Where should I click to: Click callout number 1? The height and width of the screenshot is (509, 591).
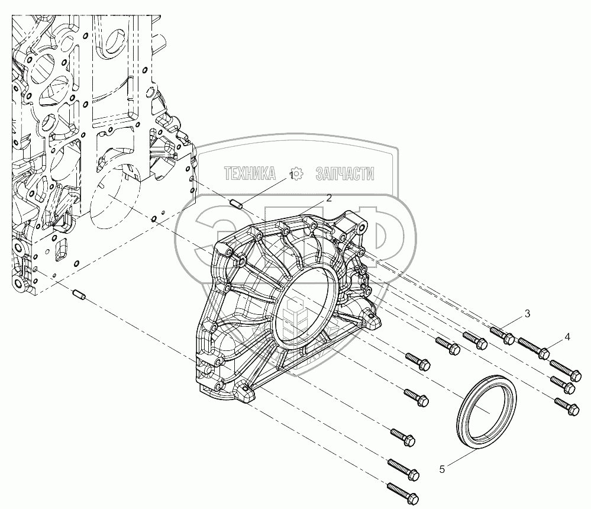(291, 175)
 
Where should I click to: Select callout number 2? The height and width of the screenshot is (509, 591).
(329, 198)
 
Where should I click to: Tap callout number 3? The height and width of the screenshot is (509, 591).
(527, 314)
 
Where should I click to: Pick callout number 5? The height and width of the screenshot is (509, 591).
(442, 469)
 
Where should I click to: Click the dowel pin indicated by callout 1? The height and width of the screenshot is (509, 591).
(236, 205)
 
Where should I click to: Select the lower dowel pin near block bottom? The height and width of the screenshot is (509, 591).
(79, 293)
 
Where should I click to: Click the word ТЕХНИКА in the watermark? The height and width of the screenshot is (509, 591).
(250, 174)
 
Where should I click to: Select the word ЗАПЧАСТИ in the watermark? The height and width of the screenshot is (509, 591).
(345, 174)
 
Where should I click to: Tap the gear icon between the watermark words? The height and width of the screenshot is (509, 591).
(298, 173)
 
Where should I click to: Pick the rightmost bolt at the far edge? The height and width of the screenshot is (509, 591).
(567, 407)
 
